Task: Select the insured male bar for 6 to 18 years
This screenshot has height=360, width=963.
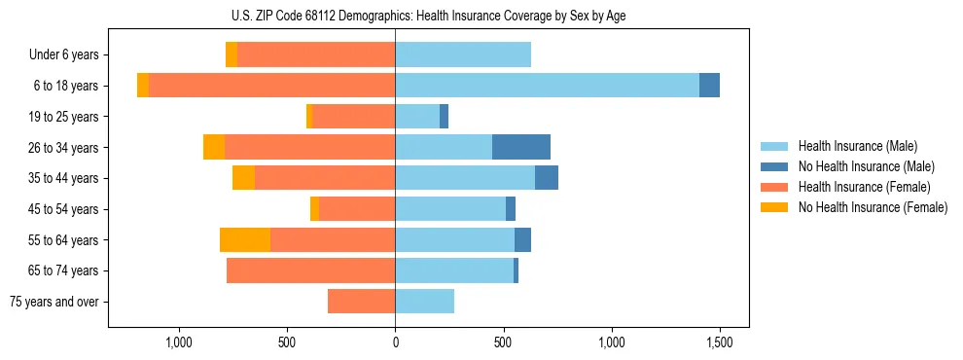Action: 547,86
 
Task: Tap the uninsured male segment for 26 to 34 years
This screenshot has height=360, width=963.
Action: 521,147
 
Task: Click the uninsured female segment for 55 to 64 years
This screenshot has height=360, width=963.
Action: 245,239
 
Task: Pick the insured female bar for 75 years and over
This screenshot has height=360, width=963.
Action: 361,302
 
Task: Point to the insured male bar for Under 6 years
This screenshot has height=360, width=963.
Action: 463,54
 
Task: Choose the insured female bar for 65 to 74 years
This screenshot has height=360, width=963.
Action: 310,270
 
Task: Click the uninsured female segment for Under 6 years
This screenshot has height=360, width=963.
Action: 232,54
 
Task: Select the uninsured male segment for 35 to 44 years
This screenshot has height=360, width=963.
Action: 547,178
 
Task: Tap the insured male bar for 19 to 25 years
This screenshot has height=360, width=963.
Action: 417,117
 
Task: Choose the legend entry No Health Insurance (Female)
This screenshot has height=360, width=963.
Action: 872,207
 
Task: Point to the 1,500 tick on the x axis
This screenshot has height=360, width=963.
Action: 719,342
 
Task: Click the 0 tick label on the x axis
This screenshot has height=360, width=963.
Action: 395,342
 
